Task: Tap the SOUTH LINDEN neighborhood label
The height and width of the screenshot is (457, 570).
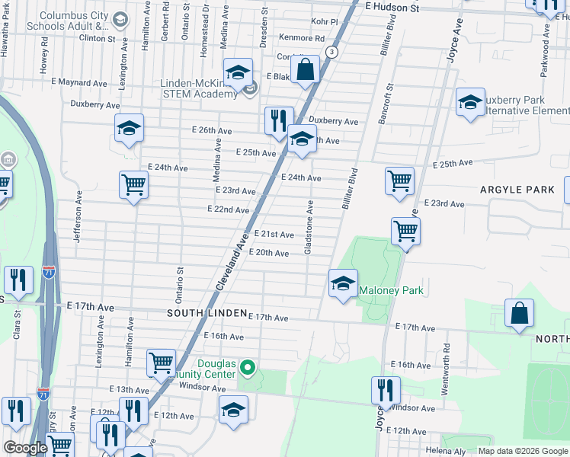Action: coord(207,313)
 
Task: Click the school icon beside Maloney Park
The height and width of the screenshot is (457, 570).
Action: coord(343,284)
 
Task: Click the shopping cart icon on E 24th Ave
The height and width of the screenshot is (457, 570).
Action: coord(133,184)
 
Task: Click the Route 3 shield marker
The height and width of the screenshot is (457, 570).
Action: coord(331,52)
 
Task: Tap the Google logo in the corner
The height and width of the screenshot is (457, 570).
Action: coord(25,448)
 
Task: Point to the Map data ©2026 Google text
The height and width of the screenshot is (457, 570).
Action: coord(522,451)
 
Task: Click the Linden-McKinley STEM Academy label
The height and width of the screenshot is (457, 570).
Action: coord(200,89)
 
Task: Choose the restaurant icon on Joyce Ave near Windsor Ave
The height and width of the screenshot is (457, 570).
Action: coord(386,391)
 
